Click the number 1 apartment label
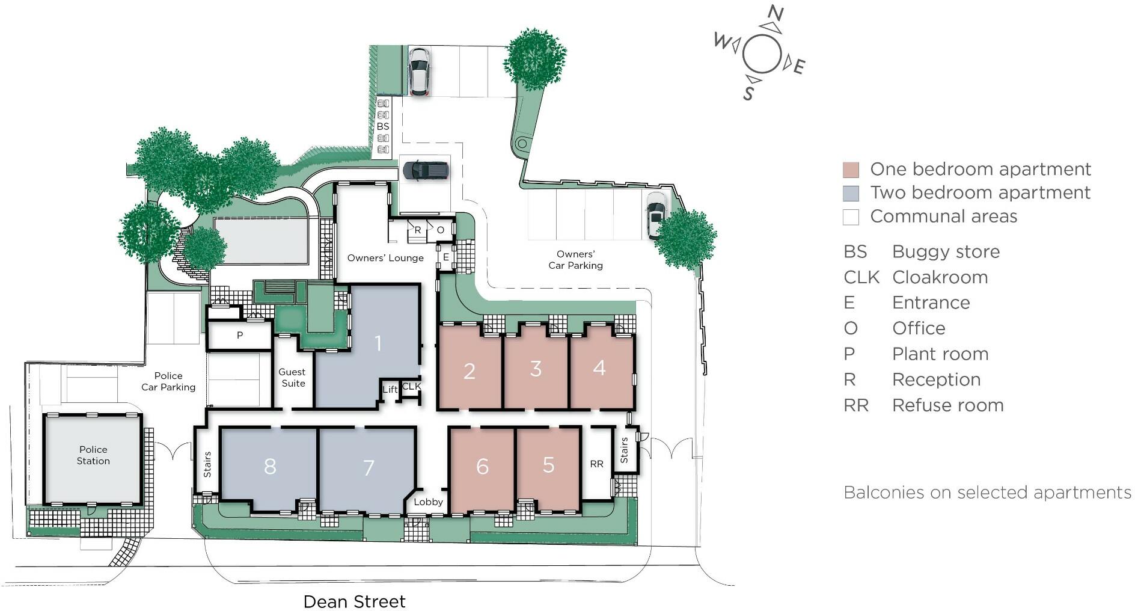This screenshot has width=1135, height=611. pos(378,343)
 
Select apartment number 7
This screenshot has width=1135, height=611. pos(369,467)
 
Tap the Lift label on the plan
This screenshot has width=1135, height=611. pos(390,389)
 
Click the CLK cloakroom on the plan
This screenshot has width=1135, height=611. pos(412,386)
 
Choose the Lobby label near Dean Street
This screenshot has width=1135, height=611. pos(428,502)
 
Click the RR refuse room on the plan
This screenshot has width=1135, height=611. pos(596,464)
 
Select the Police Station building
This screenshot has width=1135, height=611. pos(93,455)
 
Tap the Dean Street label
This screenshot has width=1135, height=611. pos(354,601)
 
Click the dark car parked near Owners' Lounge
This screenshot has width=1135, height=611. pos(426,171)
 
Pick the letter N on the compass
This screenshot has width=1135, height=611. pos(776,13)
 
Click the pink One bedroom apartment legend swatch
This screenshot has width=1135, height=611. pos(850,170)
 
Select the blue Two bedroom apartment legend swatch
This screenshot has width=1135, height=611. pos(850,193)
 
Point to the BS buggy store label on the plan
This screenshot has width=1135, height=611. pos(383,126)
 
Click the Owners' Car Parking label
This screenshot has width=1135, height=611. pos(575,260)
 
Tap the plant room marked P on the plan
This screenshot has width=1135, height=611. pos(240,336)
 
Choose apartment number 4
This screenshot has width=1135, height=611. pos(599,367)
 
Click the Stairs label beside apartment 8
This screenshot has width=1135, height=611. pos(207,464)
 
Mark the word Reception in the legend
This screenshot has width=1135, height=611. pos(936,379)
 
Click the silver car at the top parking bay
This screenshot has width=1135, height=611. pos(419,71)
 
